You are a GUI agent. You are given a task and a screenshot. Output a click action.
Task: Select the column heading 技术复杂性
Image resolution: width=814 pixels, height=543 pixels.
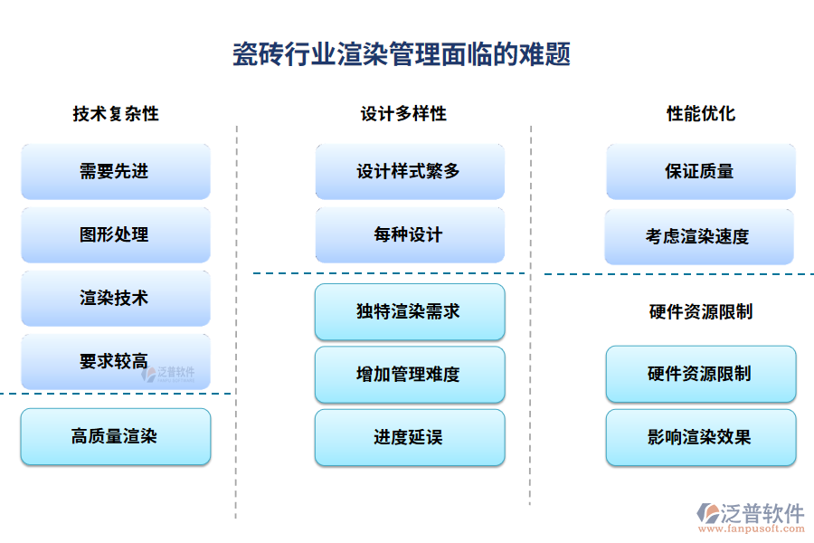click(116, 114)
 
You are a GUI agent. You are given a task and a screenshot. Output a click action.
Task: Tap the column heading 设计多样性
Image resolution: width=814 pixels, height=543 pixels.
click(403, 114)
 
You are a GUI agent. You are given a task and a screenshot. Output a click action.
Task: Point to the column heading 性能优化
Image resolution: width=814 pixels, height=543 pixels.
click(701, 114)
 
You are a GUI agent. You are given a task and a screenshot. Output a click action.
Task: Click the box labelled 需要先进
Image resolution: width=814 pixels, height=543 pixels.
click(116, 172)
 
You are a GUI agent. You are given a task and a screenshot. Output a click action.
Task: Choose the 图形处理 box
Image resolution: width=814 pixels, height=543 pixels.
click(116, 235)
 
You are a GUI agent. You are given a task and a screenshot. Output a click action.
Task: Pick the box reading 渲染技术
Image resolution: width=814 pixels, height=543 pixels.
click(116, 299)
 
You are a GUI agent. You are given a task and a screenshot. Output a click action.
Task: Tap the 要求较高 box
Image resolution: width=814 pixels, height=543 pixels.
click(116, 362)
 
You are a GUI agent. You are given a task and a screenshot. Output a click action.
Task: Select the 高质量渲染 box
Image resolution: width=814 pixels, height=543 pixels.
click(116, 436)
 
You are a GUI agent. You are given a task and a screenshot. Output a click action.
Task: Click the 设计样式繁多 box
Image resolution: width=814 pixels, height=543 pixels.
click(410, 172)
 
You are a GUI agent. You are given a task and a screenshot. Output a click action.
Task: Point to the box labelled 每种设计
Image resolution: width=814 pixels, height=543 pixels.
click(410, 235)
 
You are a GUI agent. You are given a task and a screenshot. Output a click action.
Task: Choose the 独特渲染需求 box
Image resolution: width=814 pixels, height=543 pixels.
click(410, 312)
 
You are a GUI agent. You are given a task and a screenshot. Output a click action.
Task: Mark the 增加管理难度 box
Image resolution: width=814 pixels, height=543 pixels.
click(410, 375)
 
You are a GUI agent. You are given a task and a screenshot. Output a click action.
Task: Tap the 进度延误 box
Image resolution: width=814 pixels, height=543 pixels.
click(410, 438)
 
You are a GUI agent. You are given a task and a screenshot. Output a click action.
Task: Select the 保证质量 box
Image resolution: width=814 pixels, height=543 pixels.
click(701, 172)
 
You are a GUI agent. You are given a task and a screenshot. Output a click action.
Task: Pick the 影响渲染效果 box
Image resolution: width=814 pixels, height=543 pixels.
click(701, 438)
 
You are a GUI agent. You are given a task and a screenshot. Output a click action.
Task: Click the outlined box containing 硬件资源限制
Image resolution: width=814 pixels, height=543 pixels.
click(701, 374)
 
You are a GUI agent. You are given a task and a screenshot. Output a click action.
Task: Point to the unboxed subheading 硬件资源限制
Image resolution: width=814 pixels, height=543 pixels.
click(701, 312)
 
